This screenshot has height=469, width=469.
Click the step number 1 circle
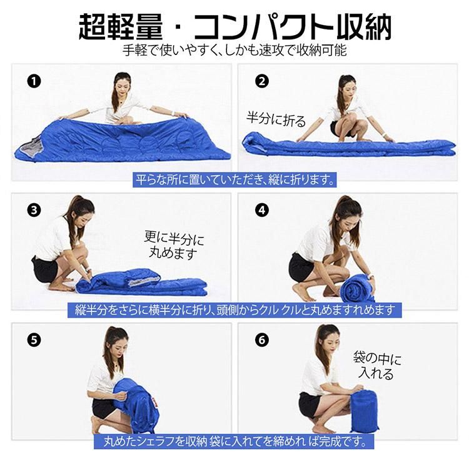(34, 81)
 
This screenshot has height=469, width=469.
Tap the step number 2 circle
(262, 81)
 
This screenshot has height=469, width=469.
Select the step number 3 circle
(34, 210)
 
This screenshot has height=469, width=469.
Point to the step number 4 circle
(262, 210)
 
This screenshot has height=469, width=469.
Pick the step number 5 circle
(34, 340)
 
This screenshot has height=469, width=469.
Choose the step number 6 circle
(262, 340)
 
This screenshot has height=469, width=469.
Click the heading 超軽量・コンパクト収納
(234, 26)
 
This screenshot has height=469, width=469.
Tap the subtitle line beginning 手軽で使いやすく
(234, 50)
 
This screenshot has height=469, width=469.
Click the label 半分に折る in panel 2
(276, 119)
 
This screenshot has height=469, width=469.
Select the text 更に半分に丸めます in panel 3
(174, 245)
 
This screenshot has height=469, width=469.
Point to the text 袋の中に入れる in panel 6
(377, 366)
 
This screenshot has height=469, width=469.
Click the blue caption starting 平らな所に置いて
(234, 179)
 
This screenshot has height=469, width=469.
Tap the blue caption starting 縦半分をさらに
(234, 310)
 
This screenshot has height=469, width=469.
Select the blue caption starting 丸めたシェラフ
(234, 441)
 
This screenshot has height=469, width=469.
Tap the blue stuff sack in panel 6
(364, 411)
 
